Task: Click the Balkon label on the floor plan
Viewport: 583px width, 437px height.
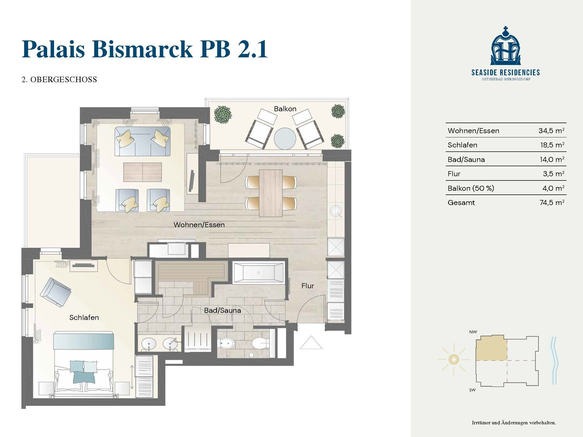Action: point(285,109)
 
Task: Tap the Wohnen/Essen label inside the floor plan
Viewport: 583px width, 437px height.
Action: point(199,225)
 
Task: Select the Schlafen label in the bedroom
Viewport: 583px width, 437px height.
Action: point(84,317)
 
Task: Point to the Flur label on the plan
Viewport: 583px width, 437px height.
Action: point(308,286)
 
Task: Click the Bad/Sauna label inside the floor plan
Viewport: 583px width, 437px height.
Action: point(222,310)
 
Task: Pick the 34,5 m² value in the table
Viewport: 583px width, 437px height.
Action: point(551,131)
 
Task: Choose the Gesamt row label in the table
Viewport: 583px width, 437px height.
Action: point(461,202)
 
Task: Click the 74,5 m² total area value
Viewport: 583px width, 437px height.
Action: point(552,202)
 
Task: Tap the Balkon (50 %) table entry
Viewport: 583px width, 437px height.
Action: point(470,188)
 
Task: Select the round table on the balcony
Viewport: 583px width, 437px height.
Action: point(285,138)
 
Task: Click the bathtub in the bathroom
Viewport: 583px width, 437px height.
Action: point(258,273)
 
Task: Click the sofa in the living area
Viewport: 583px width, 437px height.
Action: point(142,141)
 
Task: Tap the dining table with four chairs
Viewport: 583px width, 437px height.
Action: point(271,193)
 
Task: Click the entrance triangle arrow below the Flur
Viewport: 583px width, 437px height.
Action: point(311,342)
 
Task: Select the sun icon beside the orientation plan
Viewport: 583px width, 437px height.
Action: point(453,359)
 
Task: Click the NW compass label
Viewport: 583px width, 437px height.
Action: point(473,332)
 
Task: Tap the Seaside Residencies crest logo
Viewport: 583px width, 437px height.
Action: point(505,46)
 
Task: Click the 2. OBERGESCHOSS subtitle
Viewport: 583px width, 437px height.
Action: point(59,79)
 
